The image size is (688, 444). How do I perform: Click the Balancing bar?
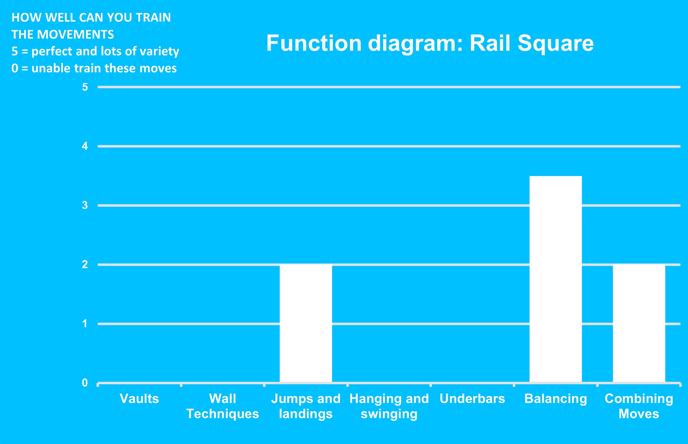[x=556, y=279]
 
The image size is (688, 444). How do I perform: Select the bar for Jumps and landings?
[x=306, y=323]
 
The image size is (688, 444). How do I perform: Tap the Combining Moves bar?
[x=639, y=323]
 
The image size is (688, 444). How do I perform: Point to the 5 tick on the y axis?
[x=85, y=87]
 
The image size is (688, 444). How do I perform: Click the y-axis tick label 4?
[x=85, y=146]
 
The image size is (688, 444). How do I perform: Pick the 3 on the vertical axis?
[x=85, y=205]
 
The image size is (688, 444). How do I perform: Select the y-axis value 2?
[x=85, y=264]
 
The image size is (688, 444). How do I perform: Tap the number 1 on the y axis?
[x=85, y=323]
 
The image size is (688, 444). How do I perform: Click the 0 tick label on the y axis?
[x=85, y=383]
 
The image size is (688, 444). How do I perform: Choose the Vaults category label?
[x=139, y=399]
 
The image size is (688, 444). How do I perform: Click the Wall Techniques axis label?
[x=223, y=406]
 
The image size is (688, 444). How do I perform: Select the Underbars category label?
[x=472, y=399]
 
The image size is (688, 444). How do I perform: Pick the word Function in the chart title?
[x=314, y=43]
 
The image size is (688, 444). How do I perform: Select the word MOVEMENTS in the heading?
[x=76, y=35]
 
